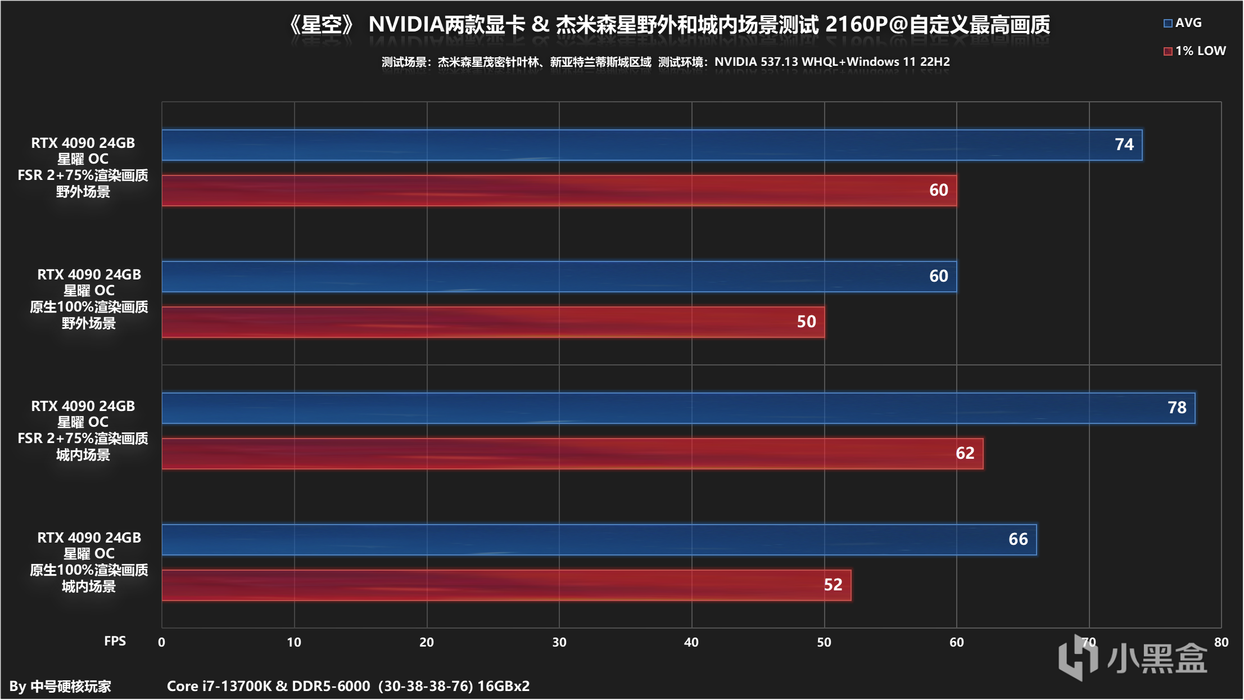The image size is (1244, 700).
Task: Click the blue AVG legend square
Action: [1168, 24]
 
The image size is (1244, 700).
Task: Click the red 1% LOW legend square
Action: [1168, 51]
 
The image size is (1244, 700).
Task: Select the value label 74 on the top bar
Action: [1124, 144]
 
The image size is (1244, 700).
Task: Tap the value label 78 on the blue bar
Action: [1177, 408]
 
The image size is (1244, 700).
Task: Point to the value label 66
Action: [1017, 539]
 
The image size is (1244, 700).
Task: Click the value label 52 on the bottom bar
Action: [833, 585]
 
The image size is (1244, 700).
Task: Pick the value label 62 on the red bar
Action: [965, 453]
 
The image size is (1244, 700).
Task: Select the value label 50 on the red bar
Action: [806, 322]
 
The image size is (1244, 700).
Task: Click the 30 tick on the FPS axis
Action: [559, 642]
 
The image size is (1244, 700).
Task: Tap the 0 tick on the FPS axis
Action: [161, 642]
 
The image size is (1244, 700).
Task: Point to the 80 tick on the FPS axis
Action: [1221, 642]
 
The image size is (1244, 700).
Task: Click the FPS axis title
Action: [115, 641]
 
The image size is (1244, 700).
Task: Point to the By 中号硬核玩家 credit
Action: [60, 686]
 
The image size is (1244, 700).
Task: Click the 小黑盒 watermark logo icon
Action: [1077, 657]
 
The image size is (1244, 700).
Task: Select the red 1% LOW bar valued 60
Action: [559, 191]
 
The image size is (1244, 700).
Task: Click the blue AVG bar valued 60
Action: [559, 277]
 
